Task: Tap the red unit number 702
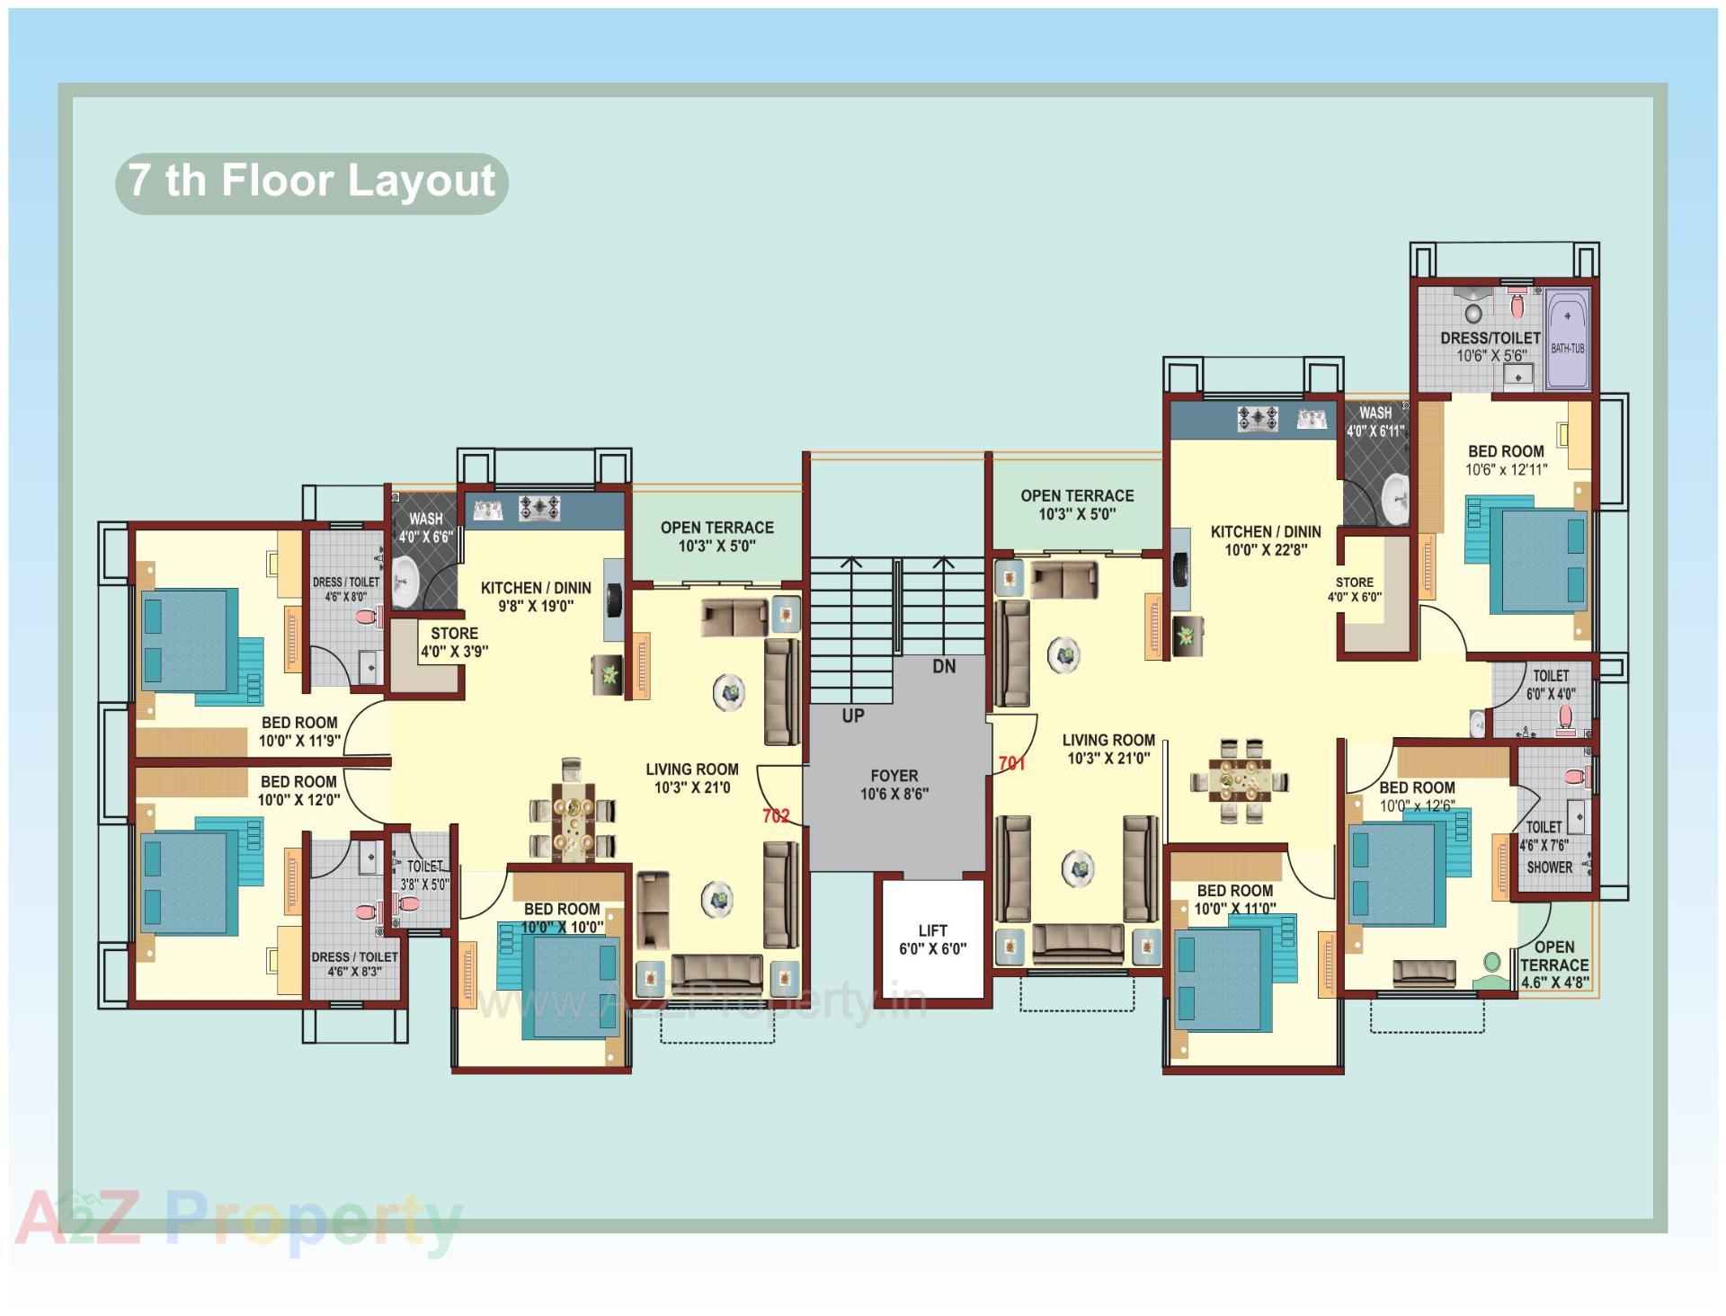[775, 816]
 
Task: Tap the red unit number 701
[1011, 764]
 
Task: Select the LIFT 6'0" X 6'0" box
[932, 939]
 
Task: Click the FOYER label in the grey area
[894, 776]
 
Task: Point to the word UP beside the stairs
[852, 716]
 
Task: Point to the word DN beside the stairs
[944, 667]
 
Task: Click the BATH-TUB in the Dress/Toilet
[1567, 339]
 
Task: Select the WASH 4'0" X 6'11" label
[1375, 422]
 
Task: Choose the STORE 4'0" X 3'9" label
[454, 643]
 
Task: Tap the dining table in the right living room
[1240, 780]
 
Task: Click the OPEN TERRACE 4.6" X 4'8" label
[1554, 965]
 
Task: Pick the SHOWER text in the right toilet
[1549, 867]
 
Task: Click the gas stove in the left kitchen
[539, 509]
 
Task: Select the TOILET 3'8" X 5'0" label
[424, 875]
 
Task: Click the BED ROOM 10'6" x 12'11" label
[1506, 460]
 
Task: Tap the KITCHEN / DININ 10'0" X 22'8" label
[1265, 540]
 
